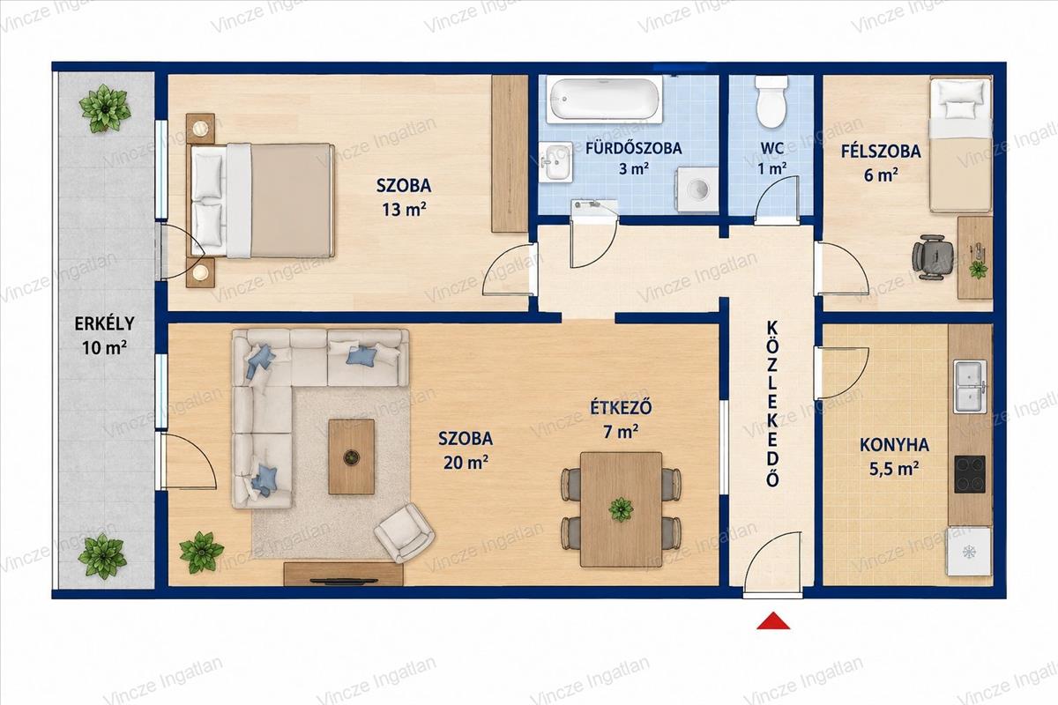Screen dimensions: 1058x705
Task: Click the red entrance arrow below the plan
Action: click(x=773, y=621)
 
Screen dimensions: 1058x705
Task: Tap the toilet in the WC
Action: click(x=771, y=101)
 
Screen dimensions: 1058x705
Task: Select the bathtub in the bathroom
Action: click(x=604, y=99)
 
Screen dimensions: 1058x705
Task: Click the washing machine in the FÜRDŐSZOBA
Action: click(x=697, y=189)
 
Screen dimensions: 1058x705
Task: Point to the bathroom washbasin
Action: click(x=556, y=162)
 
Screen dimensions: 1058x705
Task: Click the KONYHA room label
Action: click(x=894, y=445)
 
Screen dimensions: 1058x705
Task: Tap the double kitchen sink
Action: click(x=970, y=386)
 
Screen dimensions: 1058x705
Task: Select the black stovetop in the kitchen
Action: click(x=970, y=473)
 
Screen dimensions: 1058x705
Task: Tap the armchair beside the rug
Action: click(x=405, y=532)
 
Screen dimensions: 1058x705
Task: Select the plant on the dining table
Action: click(x=620, y=509)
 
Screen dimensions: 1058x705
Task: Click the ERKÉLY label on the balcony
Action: click(x=104, y=323)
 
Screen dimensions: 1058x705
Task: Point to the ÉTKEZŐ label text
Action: click(x=621, y=407)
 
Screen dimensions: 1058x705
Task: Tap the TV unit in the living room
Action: click(x=343, y=575)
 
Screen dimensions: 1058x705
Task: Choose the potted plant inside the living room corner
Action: click(x=202, y=552)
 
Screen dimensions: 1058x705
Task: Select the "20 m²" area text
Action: click(x=466, y=463)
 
